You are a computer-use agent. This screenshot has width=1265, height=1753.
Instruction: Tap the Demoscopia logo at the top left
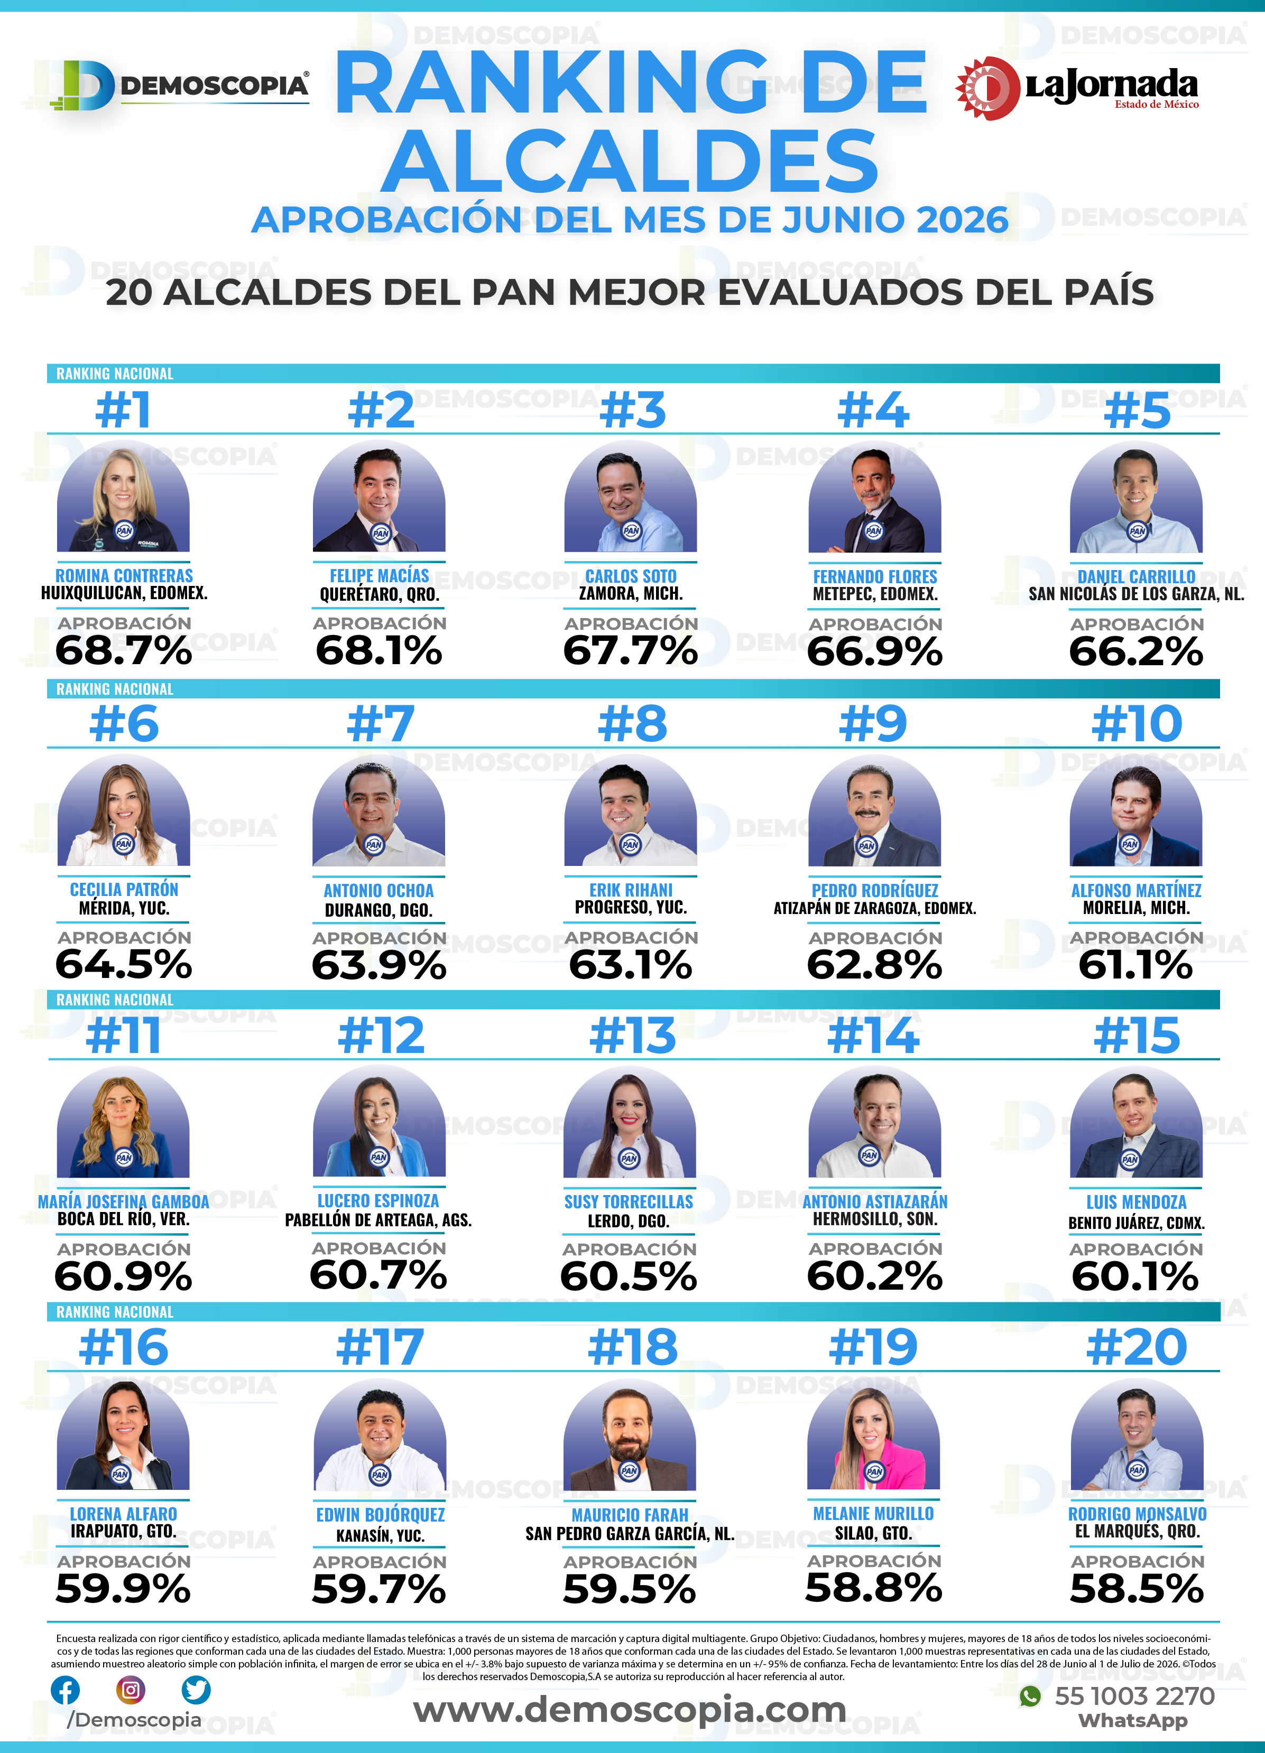(x=179, y=85)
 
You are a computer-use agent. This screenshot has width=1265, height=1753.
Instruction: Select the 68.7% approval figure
(x=124, y=650)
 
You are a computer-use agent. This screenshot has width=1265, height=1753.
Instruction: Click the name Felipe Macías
(x=379, y=576)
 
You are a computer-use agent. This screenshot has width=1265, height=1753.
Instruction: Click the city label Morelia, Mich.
(x=1136, y=908)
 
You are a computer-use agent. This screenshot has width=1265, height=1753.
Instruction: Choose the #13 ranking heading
(x=632, y=1036)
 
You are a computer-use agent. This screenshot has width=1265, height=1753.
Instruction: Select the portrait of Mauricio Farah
(x=630, y=1435)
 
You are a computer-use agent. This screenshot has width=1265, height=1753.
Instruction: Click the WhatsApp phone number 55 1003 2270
(x=1135, y=1696)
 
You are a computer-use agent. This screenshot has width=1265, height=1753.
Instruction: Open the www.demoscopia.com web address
(x=630, y=1710)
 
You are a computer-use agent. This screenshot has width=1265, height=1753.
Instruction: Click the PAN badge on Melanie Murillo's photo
(x=874, y=1471)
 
